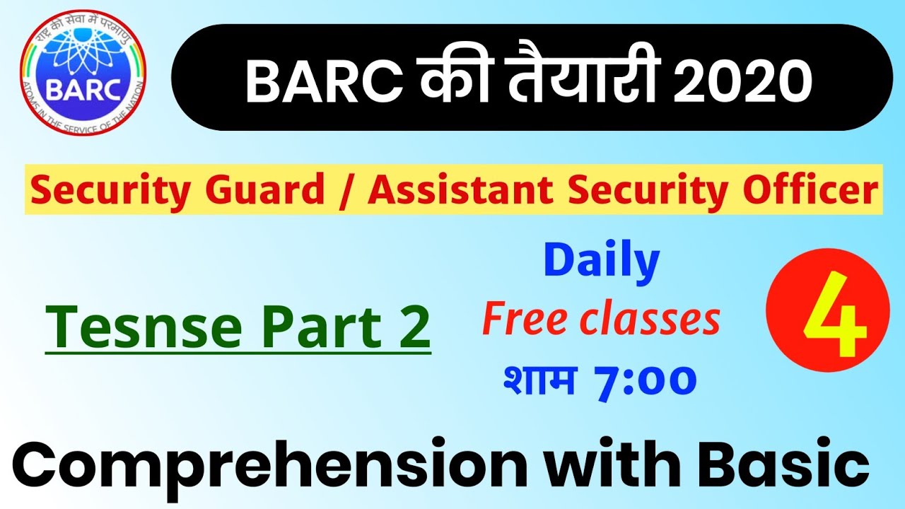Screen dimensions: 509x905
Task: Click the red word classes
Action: point(650,320)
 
